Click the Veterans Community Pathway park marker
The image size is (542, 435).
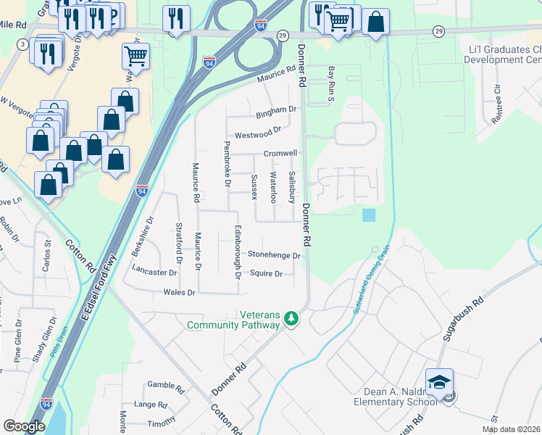(291, 318)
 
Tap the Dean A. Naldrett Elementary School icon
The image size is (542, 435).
(439, 382)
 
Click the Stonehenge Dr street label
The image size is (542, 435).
(274, 255)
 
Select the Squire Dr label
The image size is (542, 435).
(266, 274)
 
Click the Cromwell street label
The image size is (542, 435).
(280, 154)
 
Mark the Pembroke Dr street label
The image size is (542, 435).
(227, 164)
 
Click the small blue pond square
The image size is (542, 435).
(369, 215)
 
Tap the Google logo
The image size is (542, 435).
(24, 426)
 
